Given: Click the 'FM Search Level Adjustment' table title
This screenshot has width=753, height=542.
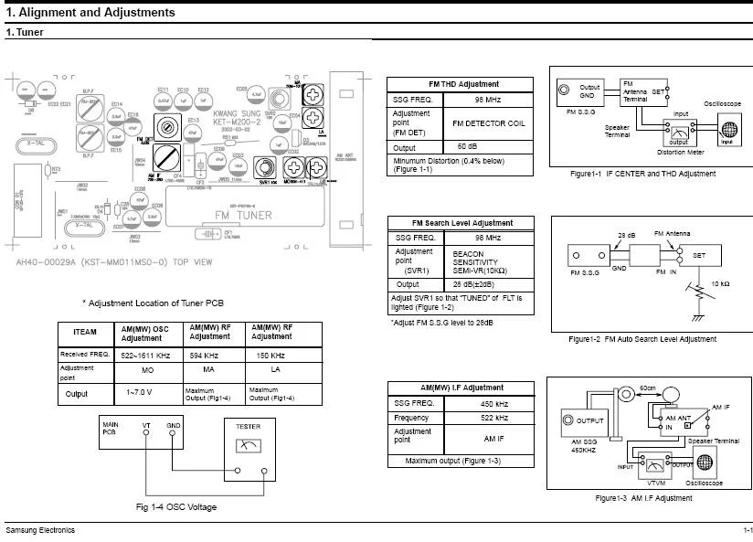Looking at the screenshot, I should [x=462, y=223].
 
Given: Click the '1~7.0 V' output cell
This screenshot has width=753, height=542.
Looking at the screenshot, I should [x=146, y=394].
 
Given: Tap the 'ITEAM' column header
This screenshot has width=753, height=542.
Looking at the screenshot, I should [x=84, y=333].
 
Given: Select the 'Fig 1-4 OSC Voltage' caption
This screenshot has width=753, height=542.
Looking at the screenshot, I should [x=176, y=506].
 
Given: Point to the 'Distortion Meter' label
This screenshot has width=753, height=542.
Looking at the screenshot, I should [x=671, y=153].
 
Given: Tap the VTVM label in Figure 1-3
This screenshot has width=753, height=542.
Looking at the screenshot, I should [x=656, y=481].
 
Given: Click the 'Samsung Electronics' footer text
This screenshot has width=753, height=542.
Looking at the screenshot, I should [x=41, y=531].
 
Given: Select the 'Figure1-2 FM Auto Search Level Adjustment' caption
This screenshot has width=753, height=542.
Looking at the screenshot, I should [x=642, y=339].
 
